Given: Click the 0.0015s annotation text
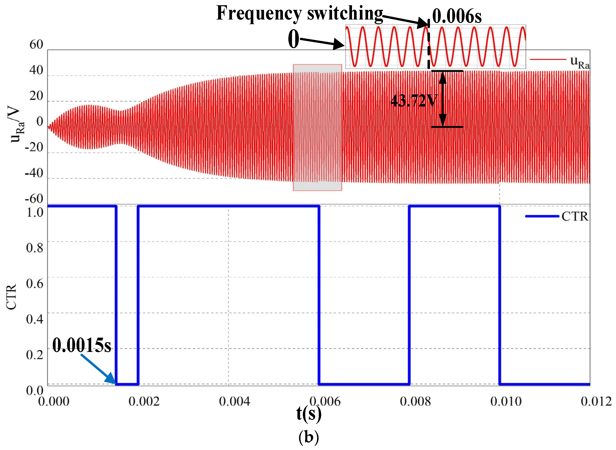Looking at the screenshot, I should tap(82, 345).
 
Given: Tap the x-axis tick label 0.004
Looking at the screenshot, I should tap(234, 401).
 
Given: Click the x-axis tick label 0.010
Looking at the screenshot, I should tap(506, 401).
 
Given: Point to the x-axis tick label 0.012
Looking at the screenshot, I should tap(596, 401).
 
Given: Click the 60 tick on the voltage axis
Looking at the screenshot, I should tap(36, 44).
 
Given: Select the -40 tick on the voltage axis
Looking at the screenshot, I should tap(34, 173).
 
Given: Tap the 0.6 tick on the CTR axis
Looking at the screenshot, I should tap(35, 283).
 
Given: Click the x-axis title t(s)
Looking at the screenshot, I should tap(309, 414).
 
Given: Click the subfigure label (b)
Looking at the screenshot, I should tap(309, 437).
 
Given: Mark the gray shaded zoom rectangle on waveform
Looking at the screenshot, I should tap(317, 127).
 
